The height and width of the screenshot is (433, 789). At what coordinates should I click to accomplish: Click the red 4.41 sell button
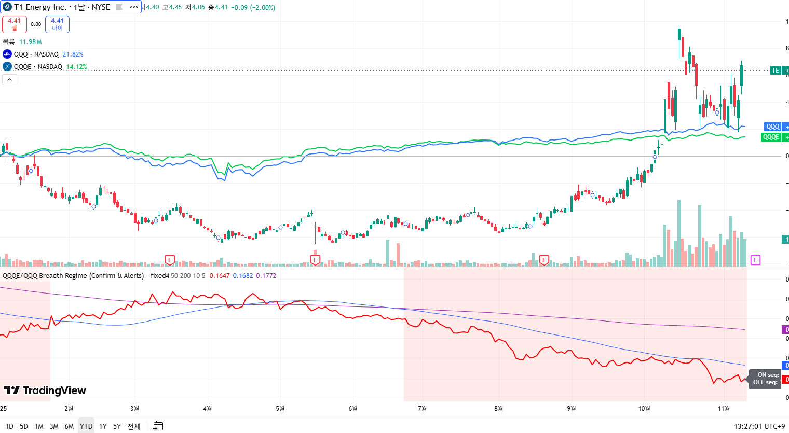[x=15, y=24]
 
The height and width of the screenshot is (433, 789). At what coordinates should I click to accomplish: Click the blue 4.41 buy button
[x=57, y=24]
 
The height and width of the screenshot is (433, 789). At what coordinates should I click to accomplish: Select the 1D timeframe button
[x=9, y=426]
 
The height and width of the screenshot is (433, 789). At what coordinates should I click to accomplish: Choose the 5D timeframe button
[x=24, y=426]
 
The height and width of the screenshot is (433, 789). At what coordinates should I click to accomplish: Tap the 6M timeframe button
[x=69, y=426]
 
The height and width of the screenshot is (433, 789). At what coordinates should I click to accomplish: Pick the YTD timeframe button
[x=86, y=426]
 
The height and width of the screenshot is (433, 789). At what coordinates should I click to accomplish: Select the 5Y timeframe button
[x=117, y=426]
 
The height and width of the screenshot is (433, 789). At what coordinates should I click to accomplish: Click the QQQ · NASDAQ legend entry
[x=36, y=54]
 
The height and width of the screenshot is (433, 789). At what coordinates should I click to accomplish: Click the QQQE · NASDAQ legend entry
[x=38, y=67]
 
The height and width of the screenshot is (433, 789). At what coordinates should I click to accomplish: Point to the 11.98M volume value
[x=31, y=42]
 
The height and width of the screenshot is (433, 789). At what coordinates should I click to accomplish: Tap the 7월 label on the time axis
[x=423, y=409]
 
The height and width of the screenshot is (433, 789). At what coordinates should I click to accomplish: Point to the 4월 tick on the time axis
[x=208, y=409]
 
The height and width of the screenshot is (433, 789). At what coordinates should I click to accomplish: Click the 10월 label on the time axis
[x=644, y=409]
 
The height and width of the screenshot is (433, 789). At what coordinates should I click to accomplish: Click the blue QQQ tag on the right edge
[x=773, y=127]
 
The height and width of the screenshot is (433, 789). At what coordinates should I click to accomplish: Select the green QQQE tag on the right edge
[x=771, y=137]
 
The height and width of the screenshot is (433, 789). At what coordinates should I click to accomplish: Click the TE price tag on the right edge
[x=776, y=71]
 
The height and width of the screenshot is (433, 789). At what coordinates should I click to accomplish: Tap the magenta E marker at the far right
[x=755, y=260]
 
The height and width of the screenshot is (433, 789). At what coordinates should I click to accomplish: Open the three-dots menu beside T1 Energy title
[x=134, y=7]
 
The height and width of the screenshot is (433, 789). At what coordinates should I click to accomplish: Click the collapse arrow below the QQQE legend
[x=10, y=79]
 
